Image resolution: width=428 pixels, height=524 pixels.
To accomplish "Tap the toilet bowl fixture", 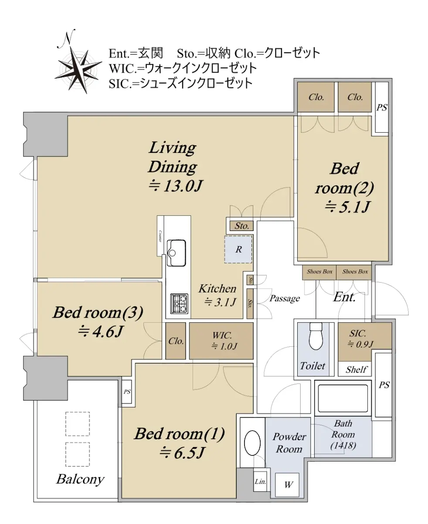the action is pyautogui.click(x=316, y=336).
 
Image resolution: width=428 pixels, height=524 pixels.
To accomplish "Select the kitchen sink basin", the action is pyautogui.click(x=177, y=253).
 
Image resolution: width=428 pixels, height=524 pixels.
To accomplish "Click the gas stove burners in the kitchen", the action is pyautogui.click(x=179, y=303).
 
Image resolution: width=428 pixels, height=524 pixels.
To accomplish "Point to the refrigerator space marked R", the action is pyautogui.click(x=238, y=249).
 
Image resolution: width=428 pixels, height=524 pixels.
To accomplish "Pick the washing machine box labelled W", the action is pyautogui.click(x=287, y=485).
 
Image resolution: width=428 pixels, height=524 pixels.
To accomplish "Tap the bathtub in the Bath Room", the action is pyautogui.click(x=343, y=399).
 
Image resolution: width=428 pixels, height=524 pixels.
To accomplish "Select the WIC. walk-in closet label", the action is pyautogui.click(x=222, y=335).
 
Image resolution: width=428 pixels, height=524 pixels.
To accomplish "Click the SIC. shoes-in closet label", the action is pyautogui.click(x=357, y=333).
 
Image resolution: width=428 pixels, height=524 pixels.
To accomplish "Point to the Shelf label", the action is pyautogui.click(x=357, y=369).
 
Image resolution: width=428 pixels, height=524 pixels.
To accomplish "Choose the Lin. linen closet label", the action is pyautogui.click(x=260, y=482).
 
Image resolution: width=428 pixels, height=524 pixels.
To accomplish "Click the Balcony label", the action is pyautogui.click(x=80, y=479).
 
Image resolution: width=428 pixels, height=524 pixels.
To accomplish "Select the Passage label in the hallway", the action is pyautogui.click(x=285, y=298).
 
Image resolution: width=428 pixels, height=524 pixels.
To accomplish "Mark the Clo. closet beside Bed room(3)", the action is pyautogui.click(x=176, y=341).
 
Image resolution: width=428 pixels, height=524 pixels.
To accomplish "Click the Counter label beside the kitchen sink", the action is pyautogui.click(x=160, y=236).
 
